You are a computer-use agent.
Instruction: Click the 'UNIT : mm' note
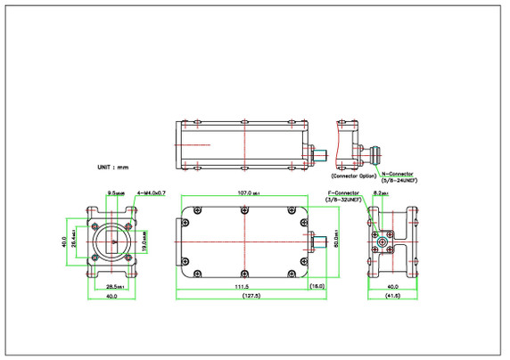113,167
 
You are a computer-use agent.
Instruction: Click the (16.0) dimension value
317,287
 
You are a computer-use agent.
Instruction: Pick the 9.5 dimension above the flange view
115,192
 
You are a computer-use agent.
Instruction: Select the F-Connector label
341,192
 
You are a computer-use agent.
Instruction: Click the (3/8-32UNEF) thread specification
341,200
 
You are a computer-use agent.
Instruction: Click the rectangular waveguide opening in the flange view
112,241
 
